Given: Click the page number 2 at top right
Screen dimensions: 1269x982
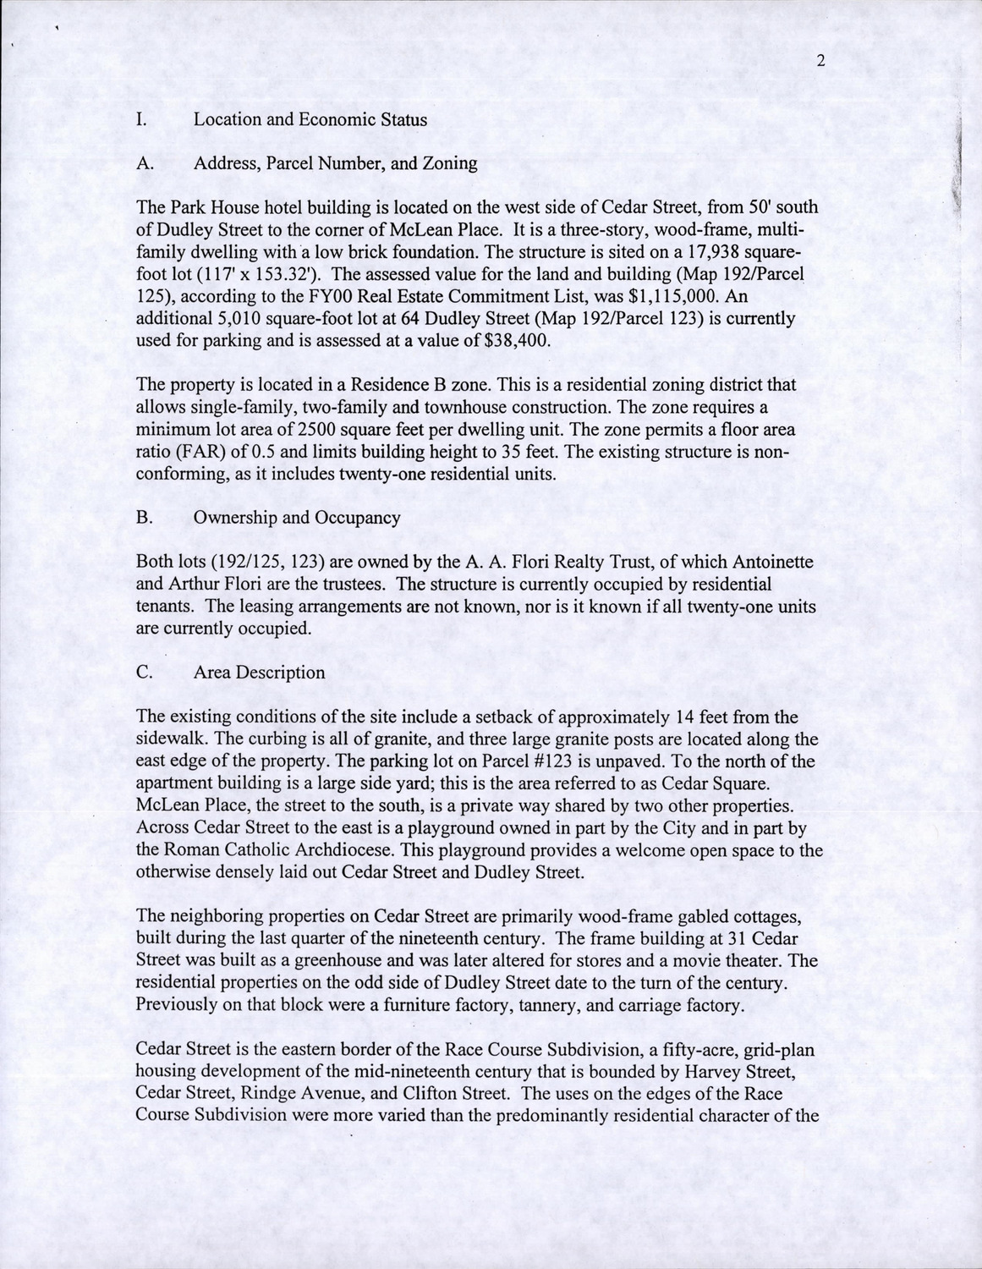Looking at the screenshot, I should (820, 60).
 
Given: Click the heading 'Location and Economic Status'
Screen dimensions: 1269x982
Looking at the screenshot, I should (310, 119).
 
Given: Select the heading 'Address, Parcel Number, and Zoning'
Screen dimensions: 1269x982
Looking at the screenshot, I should (335, 163).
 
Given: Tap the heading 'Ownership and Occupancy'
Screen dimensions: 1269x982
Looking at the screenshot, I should (297, 518).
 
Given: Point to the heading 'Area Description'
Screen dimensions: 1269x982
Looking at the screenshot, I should (259, 673).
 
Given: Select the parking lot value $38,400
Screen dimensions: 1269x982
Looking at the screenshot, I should (519, 341).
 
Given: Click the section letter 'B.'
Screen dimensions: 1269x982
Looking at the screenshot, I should (144, 518).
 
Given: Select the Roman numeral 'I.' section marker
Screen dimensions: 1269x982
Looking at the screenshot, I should (142, 119).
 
